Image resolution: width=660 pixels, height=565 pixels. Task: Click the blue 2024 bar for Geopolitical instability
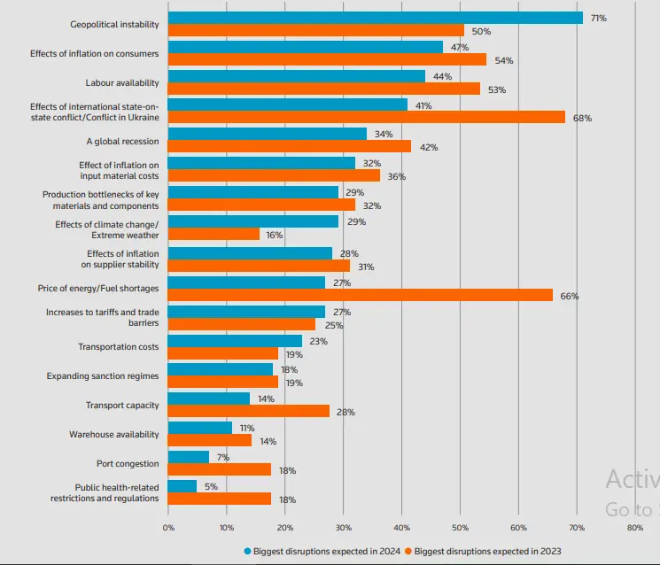375,18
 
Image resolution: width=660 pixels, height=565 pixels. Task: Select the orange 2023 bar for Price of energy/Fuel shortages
360,295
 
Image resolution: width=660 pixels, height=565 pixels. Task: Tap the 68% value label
582,118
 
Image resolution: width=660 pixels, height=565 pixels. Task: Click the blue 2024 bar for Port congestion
188,457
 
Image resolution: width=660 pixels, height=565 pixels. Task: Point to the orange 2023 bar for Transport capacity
248,411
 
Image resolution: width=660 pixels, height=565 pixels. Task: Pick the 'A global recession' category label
122,141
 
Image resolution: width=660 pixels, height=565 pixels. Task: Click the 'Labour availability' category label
122,82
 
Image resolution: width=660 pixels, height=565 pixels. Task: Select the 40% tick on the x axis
401,528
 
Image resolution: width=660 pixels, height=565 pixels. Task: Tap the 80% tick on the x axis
634,528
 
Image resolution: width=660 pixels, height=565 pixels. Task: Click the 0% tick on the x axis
168,528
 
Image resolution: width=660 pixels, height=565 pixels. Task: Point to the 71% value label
598,18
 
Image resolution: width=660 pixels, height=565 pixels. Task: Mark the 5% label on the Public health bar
211,486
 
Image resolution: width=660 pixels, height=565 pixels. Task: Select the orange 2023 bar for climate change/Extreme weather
214,234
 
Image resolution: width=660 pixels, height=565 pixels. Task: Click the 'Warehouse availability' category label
114,435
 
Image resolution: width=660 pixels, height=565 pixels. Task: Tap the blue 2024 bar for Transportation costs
235,340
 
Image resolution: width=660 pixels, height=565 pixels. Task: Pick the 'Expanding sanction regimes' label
103,376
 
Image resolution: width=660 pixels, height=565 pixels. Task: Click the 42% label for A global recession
429,147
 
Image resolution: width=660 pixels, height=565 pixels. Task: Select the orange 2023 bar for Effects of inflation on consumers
327,59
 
